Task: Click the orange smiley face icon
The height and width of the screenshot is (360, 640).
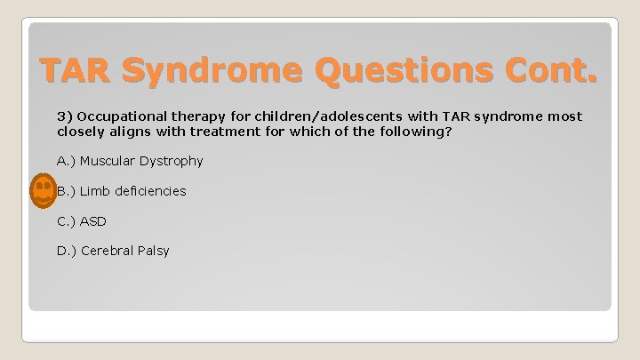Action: click(x=42, y=191)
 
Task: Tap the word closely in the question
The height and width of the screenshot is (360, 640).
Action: click(x=80, y=132)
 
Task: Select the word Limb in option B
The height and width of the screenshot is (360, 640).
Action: click(x=96, y=191)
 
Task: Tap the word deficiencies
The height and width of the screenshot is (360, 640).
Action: click(x=150, y=191)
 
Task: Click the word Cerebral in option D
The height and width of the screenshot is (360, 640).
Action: click(x=107, y=251)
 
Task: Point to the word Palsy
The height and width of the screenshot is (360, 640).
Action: click(x=152, y=251)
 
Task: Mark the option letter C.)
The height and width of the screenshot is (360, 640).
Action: click(x=67, y=220)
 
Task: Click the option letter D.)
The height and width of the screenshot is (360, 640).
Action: click(x=67, y=251)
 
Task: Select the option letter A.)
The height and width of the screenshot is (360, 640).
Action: click(x=67, y=161)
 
